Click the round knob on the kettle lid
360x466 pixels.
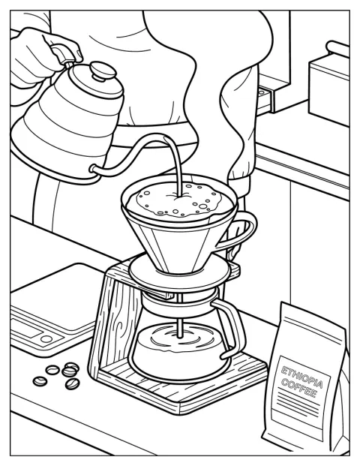click(x=103, y=70)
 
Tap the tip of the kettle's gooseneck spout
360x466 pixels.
click(x=164, y=137)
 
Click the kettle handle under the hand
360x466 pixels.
click(x=63, y=53)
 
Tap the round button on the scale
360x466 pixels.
click(x=46, y=338)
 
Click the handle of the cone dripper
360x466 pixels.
click(x=241, y=229)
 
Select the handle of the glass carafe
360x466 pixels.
click(x=231, y=327)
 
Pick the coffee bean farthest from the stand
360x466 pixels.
click(x=40, y=380)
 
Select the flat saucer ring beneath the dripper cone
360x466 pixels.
click(x=179, y=272)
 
